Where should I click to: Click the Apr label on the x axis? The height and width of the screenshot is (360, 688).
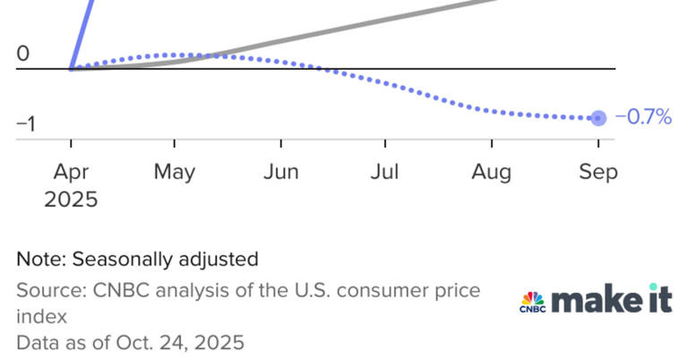pyautogui.click(x=71, y=171)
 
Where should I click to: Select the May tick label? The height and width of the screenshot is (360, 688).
pyautogui.click(x=175, y=171)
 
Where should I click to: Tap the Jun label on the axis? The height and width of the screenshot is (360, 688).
pyautogui.click(x=280, y=171)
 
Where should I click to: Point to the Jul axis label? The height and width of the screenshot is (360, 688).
pyautogui.click(x=384, y=171)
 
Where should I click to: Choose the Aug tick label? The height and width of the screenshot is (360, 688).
pyautogui.click(x=492, y=171)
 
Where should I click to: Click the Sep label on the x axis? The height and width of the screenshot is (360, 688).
pyautogui.click(x=598, y=171)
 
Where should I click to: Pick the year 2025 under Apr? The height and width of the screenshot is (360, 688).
pyautogui.click(x=71, y=199)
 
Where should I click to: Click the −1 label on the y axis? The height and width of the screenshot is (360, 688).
pyautogui.click(x=25, y=124)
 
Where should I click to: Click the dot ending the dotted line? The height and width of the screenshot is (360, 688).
pyautogui.click(x=598, y=118)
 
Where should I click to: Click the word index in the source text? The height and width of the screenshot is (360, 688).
pyautogui.click(x=39, y=317)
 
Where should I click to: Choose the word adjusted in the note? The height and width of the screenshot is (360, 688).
pyautogui.click(x=220, y=260)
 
